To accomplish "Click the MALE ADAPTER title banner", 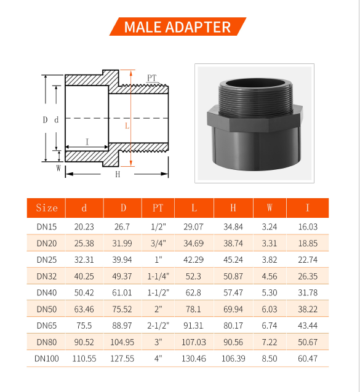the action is coord(178,26).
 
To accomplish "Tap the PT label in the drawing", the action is coord(151,78).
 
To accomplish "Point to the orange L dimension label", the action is coord(127,126).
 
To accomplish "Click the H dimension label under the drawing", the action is coord(118,174).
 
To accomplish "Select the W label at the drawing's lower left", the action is coord(58,168).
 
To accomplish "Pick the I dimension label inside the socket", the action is coord(87,142).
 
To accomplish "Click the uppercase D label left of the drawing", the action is coord(45,120).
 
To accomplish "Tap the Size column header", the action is coord(47,208).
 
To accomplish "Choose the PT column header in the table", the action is coord(158,208).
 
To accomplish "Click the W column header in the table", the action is coord(270,207).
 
